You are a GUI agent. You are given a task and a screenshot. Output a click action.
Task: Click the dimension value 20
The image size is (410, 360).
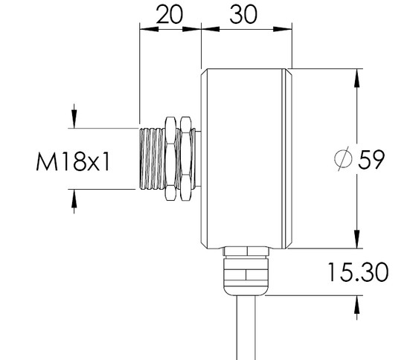[170, 14]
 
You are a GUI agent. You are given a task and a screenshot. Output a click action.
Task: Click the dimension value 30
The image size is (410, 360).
[243, 14]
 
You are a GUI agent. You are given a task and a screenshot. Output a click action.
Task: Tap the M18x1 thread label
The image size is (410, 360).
[73, 162]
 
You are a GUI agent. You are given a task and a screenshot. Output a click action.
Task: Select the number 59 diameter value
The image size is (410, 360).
[371, 159]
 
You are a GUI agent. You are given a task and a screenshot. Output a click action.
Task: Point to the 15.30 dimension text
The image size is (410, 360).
[358, 272]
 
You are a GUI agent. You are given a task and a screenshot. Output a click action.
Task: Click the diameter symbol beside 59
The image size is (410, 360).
[343, 158]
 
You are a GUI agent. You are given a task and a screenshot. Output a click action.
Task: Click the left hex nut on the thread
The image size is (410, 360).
[170, 158]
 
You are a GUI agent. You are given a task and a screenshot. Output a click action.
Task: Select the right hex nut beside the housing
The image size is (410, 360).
[186, 158]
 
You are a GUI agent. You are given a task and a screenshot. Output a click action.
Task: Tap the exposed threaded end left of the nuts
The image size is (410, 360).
[152, 158]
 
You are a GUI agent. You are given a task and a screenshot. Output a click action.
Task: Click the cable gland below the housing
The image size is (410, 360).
[246, 271]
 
